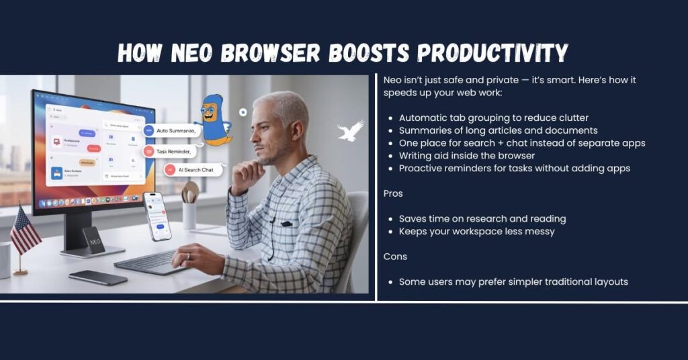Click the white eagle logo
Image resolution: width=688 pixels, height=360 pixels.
(x=350, y=130)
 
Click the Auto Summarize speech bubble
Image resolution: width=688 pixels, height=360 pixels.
(x=171, y=130)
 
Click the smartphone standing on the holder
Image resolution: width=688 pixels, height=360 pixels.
(x=157, y=216)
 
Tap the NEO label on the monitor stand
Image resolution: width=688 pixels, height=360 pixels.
(x=93, y=240)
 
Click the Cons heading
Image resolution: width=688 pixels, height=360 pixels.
(x=395, y=257)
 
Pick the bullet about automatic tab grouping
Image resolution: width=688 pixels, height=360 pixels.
(x=493, y=118)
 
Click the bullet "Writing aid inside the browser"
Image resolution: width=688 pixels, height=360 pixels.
(x=466, y=156)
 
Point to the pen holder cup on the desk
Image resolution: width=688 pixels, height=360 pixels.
(x=189, y=213)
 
